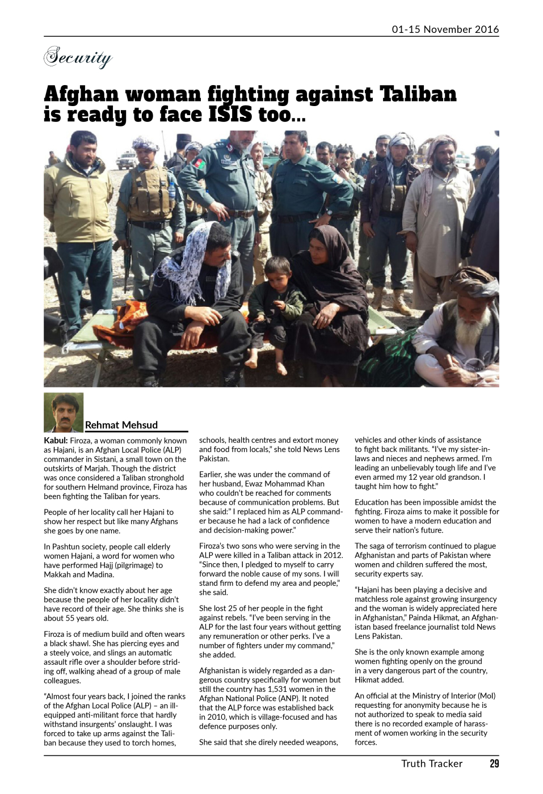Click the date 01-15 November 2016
tap(445, 29)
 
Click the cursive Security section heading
tap(78, 57)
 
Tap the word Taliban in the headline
tap(418, 94)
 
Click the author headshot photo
tap(64, 412)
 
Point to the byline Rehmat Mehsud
tap(121, 425)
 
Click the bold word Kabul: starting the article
tap(56, 441)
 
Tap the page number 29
tap(494, 763)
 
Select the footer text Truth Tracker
tap(432, 763)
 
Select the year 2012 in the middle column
tap(332, 555)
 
